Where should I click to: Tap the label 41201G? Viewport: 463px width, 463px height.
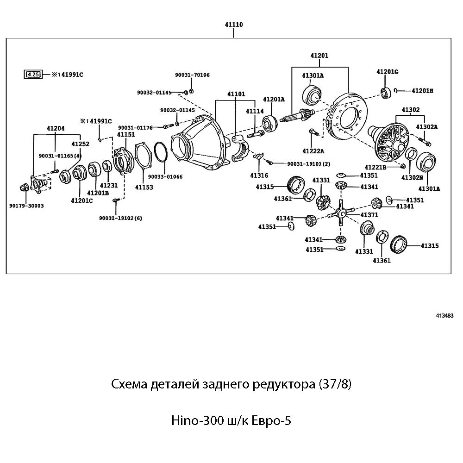[387, 72]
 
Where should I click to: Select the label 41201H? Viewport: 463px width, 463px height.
[422, 90]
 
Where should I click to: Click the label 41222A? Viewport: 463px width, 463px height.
[313, 151]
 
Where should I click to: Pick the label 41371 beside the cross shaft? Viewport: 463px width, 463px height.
[369, 215]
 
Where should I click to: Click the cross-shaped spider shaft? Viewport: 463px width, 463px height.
[340, 213]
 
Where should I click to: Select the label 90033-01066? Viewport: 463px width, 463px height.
[165, 176]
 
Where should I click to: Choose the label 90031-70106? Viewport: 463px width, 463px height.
[192, 75]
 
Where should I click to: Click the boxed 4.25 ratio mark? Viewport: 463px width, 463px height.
[33, 74]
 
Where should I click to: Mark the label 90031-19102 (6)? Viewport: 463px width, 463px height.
[120, 218]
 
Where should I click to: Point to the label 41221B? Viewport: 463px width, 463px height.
[375, 167]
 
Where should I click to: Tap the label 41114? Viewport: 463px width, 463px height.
[255, 111]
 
